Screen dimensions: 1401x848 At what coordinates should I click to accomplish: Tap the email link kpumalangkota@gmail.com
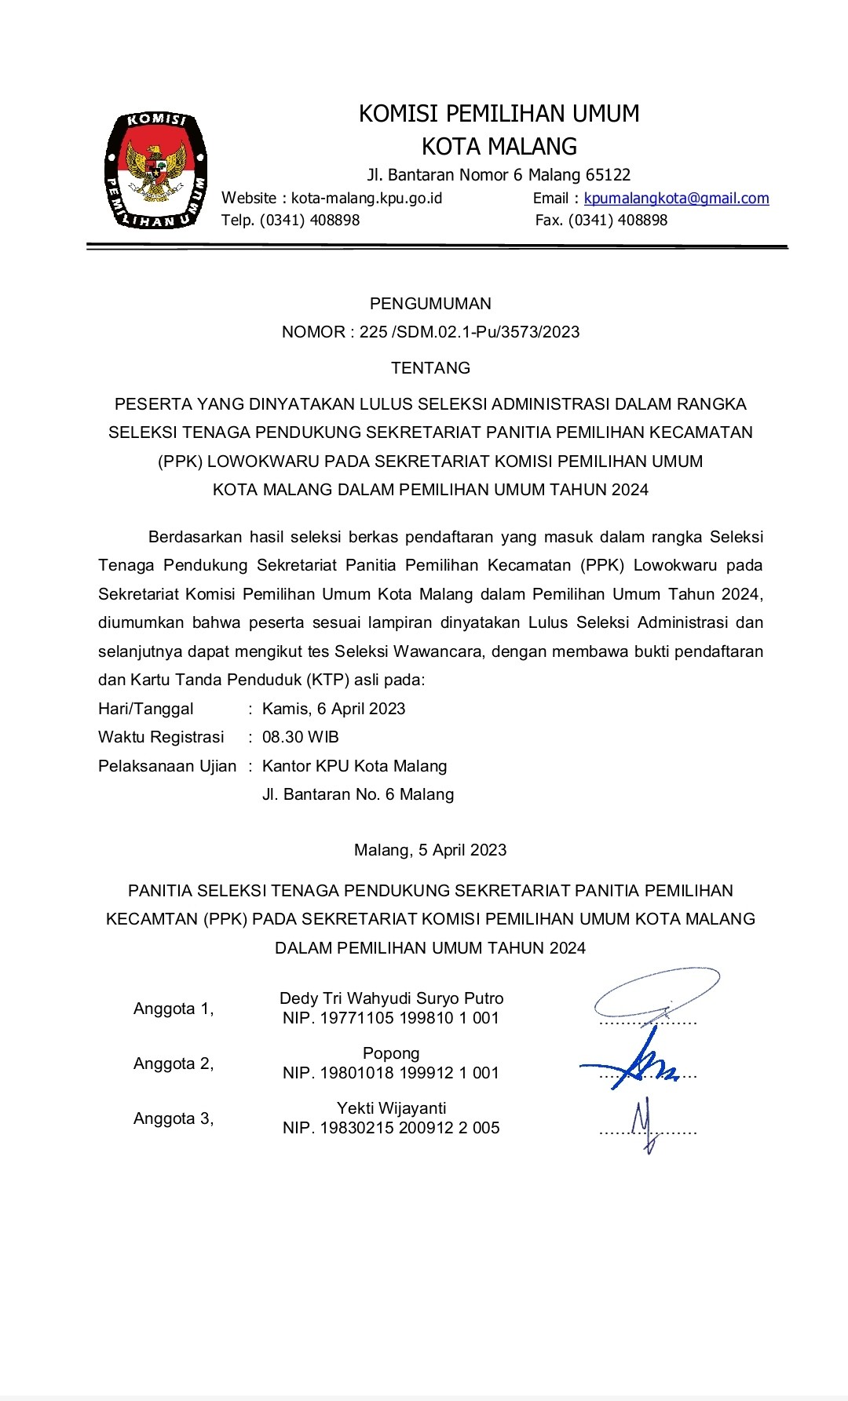point(676,199)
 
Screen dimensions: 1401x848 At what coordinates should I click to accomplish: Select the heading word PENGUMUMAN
point(430,304)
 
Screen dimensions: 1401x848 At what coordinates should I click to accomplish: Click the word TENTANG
point(430,368)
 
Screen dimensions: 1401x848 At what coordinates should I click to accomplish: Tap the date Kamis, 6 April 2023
point(334,709)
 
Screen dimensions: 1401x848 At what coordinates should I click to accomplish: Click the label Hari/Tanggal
point(146,709)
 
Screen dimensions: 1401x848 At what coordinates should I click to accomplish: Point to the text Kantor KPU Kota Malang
point(355,766)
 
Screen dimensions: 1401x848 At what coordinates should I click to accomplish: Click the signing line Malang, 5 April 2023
point(430,850)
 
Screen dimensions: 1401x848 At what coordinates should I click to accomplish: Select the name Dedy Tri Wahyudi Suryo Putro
point(391,998)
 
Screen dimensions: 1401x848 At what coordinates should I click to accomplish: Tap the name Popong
point(391,1053)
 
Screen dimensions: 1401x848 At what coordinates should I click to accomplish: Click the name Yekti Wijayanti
point(391,1108)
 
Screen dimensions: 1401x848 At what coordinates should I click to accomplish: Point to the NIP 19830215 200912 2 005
point(391,1128)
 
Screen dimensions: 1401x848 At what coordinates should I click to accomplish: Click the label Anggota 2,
point(174,1064)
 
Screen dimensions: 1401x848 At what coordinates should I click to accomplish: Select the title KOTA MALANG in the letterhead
point(499,147)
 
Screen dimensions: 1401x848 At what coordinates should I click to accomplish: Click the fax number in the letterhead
point(601,221)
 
